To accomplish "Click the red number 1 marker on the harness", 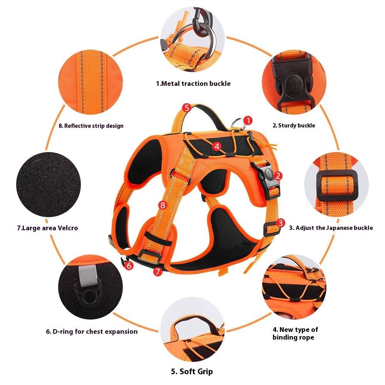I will (x=248, y=121).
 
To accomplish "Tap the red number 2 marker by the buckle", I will (x=278, y=176).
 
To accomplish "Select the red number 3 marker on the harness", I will (x=281, y=223).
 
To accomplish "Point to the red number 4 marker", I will (x=217, y=146).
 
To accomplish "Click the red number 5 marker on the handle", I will (x=187, y=108).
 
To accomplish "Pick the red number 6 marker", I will (x=129, y=265).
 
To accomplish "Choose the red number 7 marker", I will (x=157, y=271).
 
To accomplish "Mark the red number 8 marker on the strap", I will (x=162, y=205).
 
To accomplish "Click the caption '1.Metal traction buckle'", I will (x=193, y=84).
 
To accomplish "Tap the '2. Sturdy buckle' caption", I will (x=294, y=126).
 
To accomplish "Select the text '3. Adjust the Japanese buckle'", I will (x=331, y=228).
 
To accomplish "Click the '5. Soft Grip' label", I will (x=192, y=372).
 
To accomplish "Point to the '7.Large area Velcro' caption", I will (x=47, y=228).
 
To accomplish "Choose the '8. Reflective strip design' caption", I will (x=91, y=126).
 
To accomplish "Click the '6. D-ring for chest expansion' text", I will (x=92, y=331).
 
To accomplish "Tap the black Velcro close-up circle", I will (x=48, y=186).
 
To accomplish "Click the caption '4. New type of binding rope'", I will (x=295, y=333).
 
